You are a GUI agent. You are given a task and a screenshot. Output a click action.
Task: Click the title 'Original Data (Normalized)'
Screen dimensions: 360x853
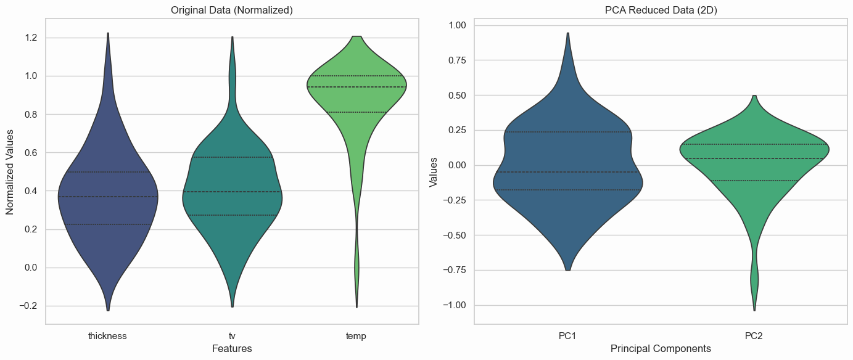pos(232,10)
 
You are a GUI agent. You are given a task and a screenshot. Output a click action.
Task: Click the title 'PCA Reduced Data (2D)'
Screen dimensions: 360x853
pos(661,10)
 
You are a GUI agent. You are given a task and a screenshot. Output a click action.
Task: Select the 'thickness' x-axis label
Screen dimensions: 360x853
pos(107,336)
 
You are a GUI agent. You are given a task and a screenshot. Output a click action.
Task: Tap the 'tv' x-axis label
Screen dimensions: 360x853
pos(232,336)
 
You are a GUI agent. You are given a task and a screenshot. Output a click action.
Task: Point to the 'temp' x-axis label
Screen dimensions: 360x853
pos(356,336)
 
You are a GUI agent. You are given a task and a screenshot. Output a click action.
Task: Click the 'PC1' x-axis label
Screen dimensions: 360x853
pos(567,336)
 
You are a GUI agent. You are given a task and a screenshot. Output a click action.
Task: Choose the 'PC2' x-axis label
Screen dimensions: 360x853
pos(754,336)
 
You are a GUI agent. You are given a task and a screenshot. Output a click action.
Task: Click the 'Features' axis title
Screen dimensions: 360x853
pos(232,349)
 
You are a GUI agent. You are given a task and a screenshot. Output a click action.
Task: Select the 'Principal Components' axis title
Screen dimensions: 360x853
pos(661,349)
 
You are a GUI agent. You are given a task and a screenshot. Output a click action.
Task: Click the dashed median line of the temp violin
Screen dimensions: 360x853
pos(356,87)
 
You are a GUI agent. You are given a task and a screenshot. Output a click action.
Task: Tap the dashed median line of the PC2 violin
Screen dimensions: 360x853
pos(754,158)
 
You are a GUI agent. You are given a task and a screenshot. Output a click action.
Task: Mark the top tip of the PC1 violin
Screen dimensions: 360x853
pos(567,33)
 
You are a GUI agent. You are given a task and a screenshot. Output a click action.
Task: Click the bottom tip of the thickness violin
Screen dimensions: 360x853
pos(108,310)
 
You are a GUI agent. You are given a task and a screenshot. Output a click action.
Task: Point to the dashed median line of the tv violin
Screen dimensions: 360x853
pos(232,192)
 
